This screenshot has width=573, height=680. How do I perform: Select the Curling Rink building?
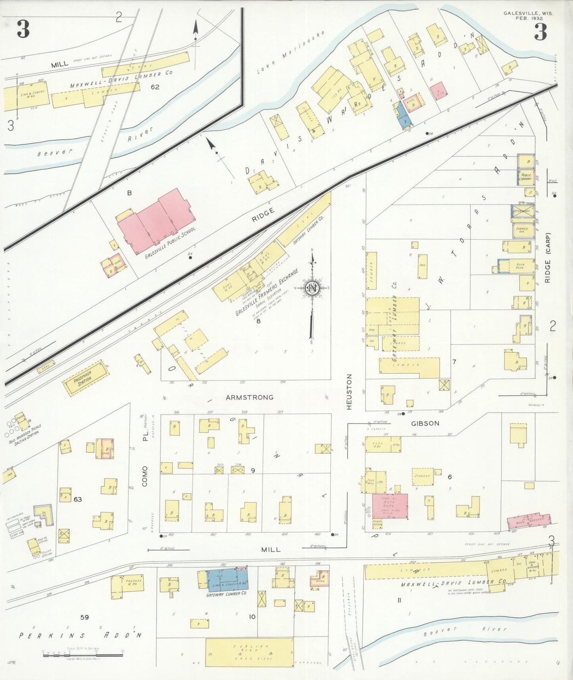point(249,652)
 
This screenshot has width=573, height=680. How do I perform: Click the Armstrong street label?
point(249,397)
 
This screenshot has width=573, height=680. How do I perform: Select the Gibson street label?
point(425,423)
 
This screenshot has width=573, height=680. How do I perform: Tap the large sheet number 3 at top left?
point(23,30)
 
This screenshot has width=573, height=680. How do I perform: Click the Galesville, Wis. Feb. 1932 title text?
point(528,15)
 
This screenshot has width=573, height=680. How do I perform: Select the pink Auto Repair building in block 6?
point(390,506)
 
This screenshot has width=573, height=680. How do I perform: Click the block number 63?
point(77,499)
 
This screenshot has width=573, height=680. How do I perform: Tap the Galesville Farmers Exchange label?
point(266,292)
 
